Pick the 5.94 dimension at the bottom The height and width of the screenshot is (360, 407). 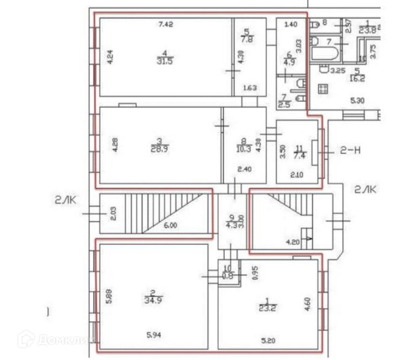tap(155, 335)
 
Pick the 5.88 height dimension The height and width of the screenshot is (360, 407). tap(109, 297)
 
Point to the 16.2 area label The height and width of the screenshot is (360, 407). tap(357, 79)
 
